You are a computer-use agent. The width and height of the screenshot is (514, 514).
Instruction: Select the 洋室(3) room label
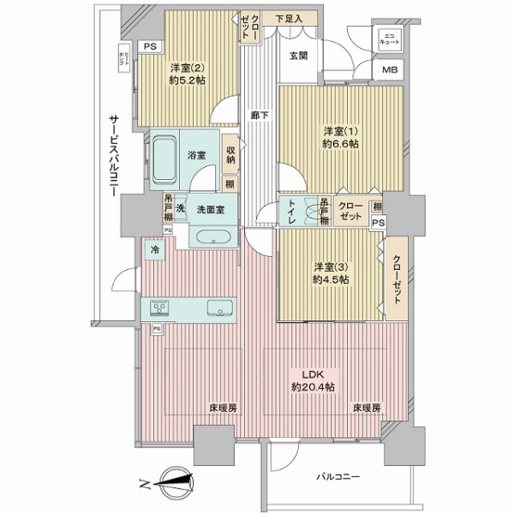(330, 272)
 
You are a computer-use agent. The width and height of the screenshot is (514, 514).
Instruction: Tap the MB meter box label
(390, 70)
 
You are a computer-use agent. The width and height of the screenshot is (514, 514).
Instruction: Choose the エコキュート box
(389, 39)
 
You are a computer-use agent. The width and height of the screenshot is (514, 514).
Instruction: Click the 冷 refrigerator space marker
(155, 250)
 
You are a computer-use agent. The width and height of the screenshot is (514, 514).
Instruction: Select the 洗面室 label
(209, 210)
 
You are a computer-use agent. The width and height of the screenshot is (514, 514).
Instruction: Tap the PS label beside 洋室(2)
(151, 47)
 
